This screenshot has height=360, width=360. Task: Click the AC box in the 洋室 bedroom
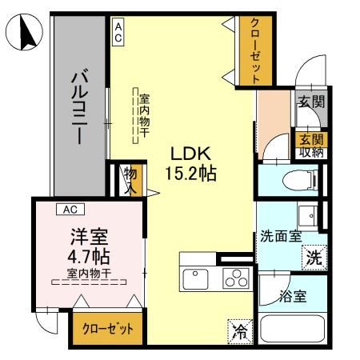tap(70, 210)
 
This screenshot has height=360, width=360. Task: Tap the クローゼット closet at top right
tap(255, 50)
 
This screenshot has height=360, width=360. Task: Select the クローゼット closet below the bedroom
tap(103, 329)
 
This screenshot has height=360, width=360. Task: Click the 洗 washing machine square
tap(314, 258)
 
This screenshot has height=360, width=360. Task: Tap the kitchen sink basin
tap(196, 279)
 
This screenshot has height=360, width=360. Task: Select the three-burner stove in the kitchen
tap(234, 279)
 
